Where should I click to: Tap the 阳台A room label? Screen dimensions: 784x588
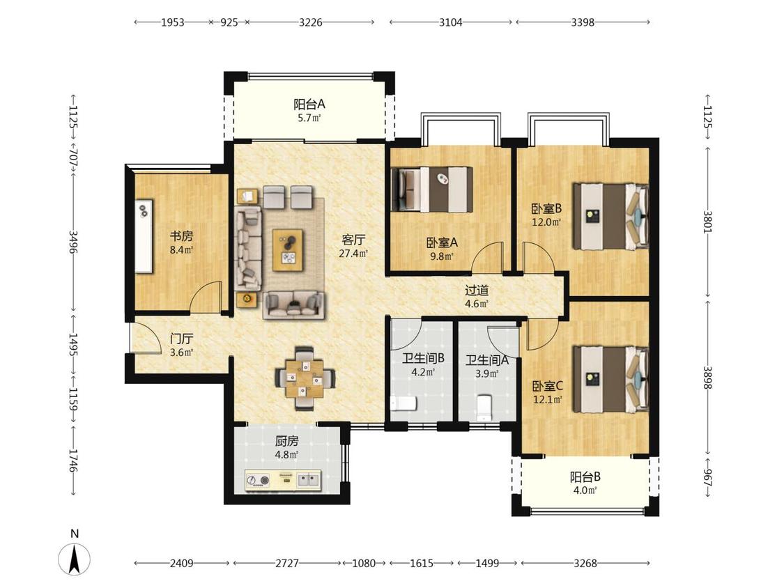pos(309,104)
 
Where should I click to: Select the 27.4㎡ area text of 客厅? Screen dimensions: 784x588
pos(353,254)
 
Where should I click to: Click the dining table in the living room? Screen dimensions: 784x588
pos(305,380)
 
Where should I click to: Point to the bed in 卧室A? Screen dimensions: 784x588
pos(432,189)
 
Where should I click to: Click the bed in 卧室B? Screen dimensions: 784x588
pos(610,216)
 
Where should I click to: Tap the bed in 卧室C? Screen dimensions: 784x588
pos(610,380)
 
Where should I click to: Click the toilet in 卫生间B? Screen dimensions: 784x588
pos(403,403)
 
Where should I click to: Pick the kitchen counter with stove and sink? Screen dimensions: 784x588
pos(283,481)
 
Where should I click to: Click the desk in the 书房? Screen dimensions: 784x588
pos(144,236)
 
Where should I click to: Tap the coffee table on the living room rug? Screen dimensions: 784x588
pos(288,250)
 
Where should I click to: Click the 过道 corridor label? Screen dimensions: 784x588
pos(477,291)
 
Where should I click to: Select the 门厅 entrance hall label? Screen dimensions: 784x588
pos(181,339)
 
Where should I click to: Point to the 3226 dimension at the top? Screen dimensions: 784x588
pos(311,22)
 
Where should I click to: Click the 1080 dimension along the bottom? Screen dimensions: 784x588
pos(364,564)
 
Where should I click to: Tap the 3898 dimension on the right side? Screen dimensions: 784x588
pos(707,378)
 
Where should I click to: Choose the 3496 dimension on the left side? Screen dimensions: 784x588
pos(73,242)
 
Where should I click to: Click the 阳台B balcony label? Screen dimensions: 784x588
pos(585,477)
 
